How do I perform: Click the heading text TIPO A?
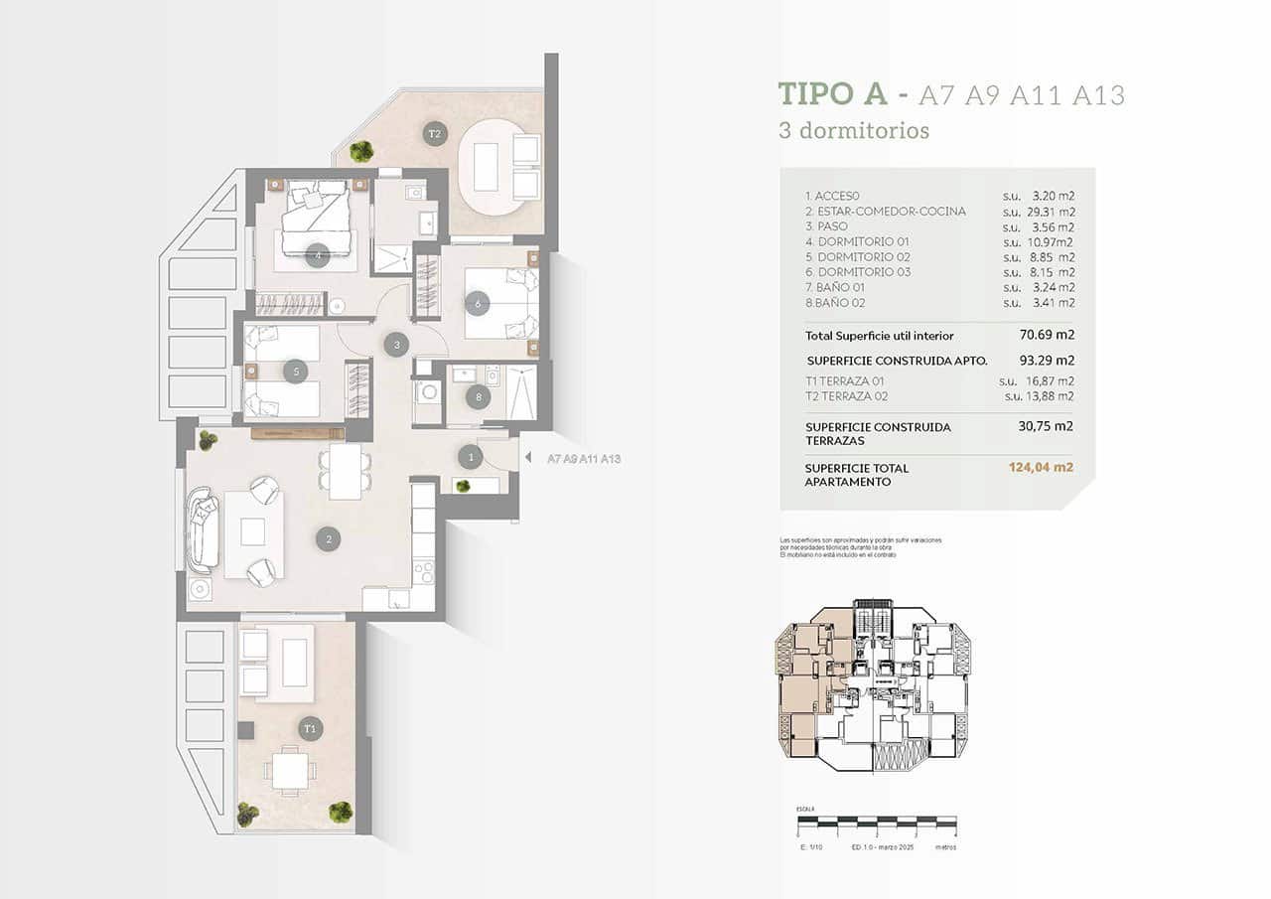(832, 94)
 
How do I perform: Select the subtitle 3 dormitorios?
(854, 130)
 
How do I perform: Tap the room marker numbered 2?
(328, 539)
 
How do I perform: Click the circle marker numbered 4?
(317, 254)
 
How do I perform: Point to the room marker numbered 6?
(478, 303)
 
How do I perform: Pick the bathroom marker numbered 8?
(479, 397)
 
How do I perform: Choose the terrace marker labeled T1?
(311, 729)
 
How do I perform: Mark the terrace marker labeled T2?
(434, 134)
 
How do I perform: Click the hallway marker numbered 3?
(396, 345)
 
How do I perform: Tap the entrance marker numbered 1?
(470, 457)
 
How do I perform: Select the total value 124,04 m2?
(1040, 468)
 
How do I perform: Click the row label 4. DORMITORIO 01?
(858, 241)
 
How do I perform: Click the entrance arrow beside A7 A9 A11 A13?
(527, 458)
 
